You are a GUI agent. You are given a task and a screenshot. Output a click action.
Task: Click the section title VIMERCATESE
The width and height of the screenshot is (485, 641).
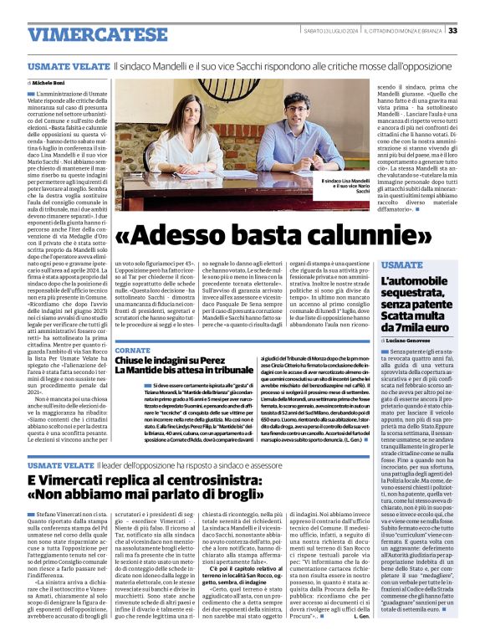(x=85, y=35)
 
